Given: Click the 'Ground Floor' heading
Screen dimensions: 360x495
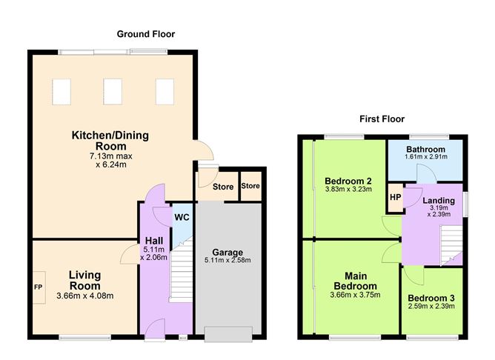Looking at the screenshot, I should point(146,34).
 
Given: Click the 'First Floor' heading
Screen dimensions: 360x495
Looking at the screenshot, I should point(382,119).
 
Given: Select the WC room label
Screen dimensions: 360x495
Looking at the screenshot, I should point(181,219).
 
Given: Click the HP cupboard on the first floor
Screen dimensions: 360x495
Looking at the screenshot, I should point(395,197).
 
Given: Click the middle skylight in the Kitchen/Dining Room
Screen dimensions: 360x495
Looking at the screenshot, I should point(112,90).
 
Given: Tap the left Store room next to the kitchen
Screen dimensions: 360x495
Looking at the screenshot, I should point(222,187).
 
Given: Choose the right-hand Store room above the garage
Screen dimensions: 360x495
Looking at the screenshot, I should point(250,185).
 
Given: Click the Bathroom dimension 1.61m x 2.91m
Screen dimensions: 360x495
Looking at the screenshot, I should point(426,157).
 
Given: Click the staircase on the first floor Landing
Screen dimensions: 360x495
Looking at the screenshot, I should point(450,244).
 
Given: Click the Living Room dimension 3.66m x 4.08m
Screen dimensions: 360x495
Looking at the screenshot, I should point(84,296).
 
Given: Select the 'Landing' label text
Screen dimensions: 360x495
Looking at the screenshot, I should point(438,200).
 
